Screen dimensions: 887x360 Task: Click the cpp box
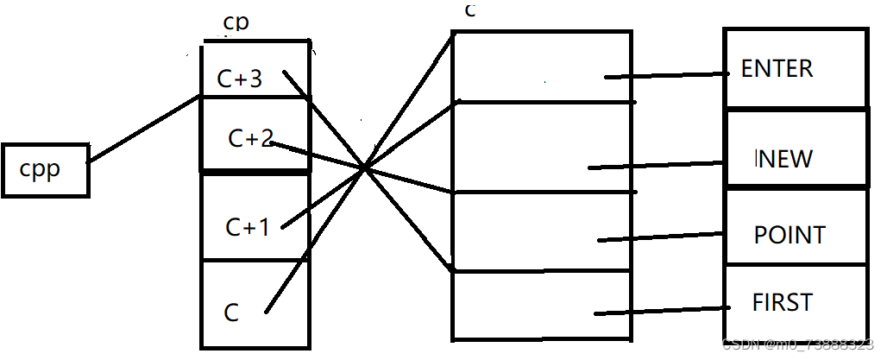[x=45, y=169]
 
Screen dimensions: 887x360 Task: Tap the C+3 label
[x=239, y=79]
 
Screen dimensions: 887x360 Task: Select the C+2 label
[x=250, y=137]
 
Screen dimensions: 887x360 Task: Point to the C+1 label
[x=248, y=227]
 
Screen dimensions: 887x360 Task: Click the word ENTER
[x=777, y=69]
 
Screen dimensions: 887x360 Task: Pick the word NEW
[x=783, y=159]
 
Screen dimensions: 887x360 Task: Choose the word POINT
[x=789, y=235]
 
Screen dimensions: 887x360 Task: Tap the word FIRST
[x=782, y=302]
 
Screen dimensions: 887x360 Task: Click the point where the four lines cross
[x=366, y=167]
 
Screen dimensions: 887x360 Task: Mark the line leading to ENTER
[x=669, y=75]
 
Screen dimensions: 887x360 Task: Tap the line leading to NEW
[x=656, y=164]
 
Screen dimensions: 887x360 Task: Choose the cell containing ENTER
[x=794, y=69]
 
